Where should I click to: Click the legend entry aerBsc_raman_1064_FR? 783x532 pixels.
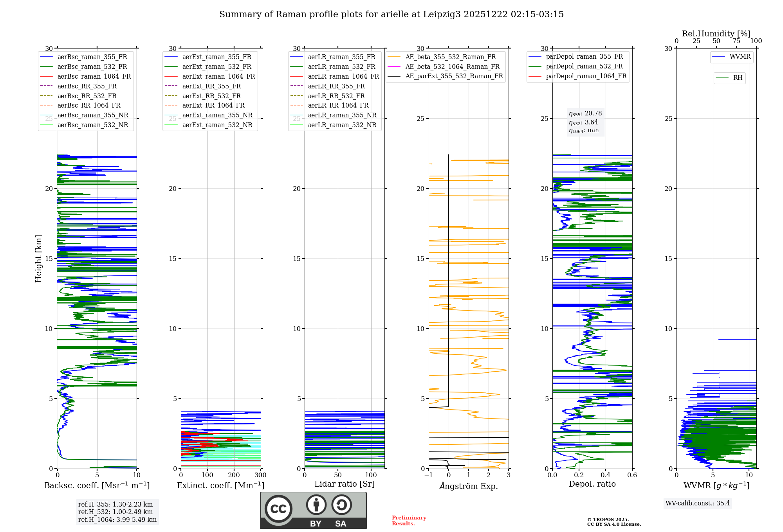coord(94,77)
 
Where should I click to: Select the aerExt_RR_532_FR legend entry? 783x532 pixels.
coord(211,96)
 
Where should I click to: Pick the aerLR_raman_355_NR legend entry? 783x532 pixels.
coord(342,115)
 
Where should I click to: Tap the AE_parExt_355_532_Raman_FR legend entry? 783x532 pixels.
coord(454,76)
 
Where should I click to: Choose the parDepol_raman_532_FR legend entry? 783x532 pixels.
coord(584,66)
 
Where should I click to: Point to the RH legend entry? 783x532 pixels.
coord(738,78)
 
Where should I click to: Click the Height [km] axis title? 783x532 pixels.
coord(38,259)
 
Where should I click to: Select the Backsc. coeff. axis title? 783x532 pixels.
coord(97,485)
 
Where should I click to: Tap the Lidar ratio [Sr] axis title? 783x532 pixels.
coord(345,484)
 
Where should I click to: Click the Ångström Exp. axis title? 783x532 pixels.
coord(469,486)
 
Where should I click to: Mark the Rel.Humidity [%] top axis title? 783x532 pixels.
coord(716,34)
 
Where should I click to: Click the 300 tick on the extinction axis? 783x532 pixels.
coord(260,475)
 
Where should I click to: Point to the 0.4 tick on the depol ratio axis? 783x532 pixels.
coord(606,475)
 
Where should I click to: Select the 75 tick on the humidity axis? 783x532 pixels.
coord(736,41)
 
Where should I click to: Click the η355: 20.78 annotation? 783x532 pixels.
coord(585,114)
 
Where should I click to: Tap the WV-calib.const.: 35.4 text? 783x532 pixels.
coord(698,503)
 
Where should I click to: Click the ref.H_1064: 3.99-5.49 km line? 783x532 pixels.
coord(117,520)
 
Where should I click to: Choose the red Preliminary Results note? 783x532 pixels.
coord(409,521)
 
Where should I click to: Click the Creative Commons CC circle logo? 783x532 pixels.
coord(278,509)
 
